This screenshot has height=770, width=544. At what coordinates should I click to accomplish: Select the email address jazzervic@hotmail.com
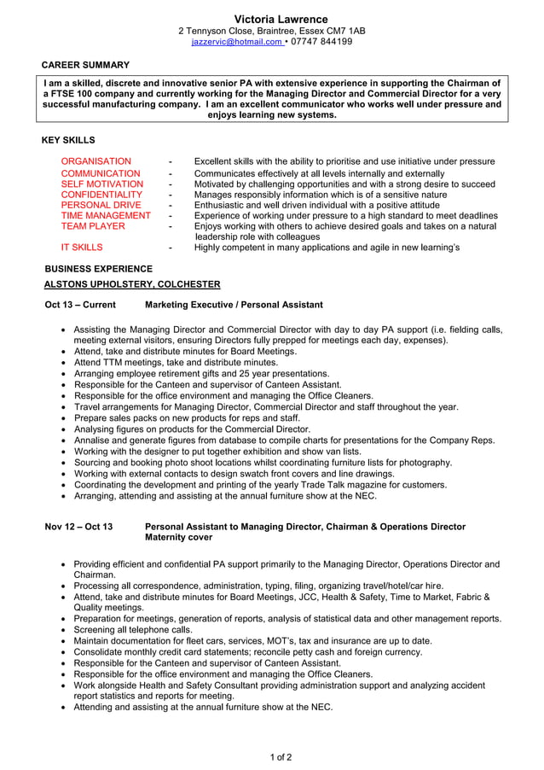pos(236,42)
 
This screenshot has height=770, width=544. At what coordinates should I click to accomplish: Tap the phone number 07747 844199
pos(321,42)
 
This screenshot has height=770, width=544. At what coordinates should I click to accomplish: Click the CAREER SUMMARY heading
pos(85,65)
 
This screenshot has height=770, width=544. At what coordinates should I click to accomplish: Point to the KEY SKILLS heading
pos(68,140)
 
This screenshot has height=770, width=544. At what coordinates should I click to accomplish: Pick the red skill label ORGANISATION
pos(96,161)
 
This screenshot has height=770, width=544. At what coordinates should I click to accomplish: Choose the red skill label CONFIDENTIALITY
pos(101,195)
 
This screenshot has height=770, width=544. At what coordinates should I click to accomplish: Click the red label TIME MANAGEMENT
pos(106,216)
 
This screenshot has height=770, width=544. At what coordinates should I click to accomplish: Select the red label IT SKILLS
pos(82,248)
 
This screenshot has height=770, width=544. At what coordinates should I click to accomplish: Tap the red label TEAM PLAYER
pos(93,226)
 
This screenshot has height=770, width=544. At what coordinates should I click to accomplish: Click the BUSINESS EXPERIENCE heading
pos(98,269)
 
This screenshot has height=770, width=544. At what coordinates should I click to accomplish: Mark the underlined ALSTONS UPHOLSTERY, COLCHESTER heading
pos(132,284)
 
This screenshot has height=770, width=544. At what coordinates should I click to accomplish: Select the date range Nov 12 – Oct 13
pos(78,527)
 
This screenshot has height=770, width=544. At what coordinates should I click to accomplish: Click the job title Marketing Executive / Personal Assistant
pos(234,305)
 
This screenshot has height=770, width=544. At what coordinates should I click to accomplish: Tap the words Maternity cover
pos(179,538)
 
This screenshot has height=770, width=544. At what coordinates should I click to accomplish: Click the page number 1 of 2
pos(281,757)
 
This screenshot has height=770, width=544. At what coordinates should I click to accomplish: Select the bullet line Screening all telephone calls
pos(133,630)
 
